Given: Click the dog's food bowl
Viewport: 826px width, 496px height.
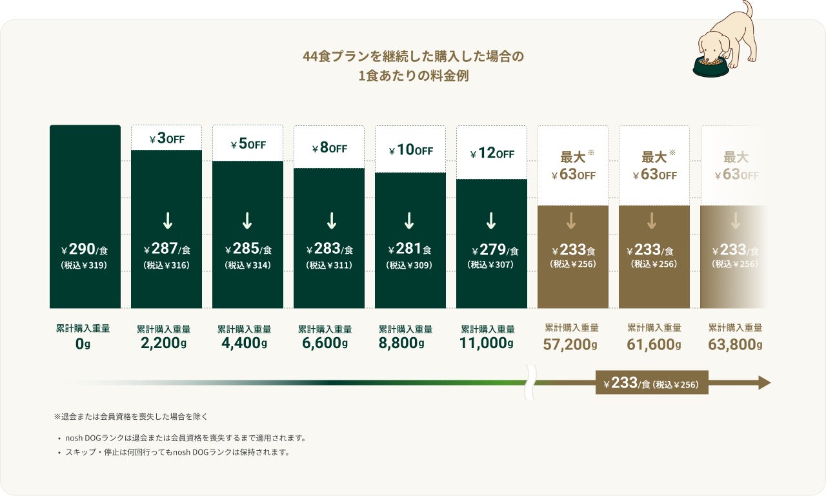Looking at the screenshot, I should click(x=710, y=66).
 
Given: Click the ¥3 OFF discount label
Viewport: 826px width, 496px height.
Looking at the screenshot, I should click(x=166, y=139).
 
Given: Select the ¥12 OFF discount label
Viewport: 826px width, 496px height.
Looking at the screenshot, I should click(x=492, y=154).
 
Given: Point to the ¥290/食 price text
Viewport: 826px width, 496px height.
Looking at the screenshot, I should click(x=85, y=250).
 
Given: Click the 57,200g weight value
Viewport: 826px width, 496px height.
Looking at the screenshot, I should click(x=570, y=344).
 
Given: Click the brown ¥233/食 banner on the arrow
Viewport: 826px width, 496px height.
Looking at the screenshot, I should click(x=651, y=383).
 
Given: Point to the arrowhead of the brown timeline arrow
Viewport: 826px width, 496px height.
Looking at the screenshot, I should click(x=764, y=383).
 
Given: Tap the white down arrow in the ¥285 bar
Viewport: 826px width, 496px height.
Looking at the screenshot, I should click(x=247, y=221).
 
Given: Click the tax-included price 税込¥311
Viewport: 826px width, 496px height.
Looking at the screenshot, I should click(x=329, y=265).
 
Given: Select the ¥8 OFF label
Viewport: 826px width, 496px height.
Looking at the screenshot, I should click(x=329, y=149).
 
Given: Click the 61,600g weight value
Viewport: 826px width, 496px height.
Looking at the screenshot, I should click(x=654, y=344).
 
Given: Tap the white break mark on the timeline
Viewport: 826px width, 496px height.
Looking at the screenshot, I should click(x=532, y=382).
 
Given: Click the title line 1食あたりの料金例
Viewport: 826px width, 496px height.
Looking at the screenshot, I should click(x=413, y=76).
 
